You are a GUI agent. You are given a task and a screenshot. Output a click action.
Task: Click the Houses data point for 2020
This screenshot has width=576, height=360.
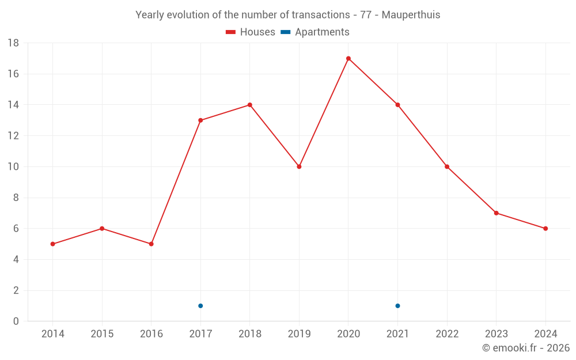[x=348, y=58]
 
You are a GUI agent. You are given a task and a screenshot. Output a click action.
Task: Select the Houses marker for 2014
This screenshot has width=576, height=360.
[x=52, y=244]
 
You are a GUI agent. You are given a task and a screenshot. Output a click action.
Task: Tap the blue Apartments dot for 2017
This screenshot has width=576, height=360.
[x=200, y=306]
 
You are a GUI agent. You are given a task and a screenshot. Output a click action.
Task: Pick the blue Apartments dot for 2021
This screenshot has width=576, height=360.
[x=397, y=306]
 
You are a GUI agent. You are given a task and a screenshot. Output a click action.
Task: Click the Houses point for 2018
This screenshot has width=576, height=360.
[x=250, y=105]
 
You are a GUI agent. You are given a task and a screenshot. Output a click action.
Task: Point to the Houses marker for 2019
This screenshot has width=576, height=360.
[x=299, y=166]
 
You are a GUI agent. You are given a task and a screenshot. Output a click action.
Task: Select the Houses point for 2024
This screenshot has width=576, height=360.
[x=545, y=228]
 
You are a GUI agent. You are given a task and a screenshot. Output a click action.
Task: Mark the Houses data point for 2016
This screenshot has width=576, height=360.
[x=151, y=244]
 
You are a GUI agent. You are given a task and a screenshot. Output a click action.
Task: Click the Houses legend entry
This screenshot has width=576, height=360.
[x=251, y=32]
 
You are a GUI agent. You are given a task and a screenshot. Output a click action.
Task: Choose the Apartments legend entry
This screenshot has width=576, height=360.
[x=315, y=32]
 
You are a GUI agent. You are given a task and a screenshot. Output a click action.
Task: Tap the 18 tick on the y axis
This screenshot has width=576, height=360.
[x=13, y=43]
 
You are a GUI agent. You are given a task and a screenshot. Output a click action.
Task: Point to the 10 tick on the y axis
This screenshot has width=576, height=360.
[x=13, y=167]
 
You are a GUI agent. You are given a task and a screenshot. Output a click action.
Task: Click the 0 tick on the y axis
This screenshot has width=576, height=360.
[x=16, y=321]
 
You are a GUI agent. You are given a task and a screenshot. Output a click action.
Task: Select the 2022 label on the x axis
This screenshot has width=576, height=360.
[x=447, y=334]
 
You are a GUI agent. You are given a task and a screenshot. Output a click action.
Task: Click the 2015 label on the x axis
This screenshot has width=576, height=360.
[x=102, y=334]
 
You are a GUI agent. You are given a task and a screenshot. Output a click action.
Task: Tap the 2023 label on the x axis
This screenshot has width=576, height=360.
[x=496, y=334]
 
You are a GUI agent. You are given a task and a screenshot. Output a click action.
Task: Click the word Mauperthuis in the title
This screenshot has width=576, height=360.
[x=411, y=15]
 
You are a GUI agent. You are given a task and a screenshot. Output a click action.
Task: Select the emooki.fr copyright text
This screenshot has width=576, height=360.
[x=526, y=348]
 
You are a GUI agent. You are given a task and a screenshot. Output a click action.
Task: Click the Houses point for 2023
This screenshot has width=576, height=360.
[x=496, y=213]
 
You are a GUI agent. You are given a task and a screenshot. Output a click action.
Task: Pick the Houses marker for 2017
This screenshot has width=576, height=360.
[x=200, y=120]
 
